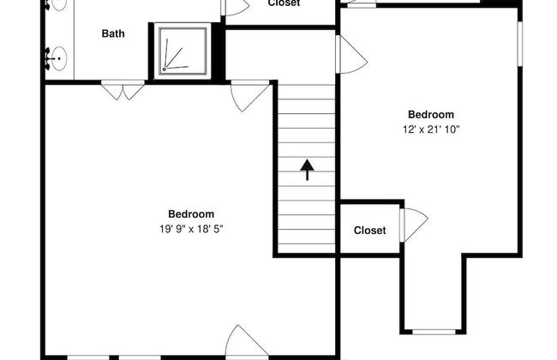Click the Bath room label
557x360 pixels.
[113, 33]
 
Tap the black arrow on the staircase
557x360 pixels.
[308, 170]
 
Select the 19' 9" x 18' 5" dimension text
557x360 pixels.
[191, 229]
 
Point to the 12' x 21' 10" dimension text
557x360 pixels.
[431, 129]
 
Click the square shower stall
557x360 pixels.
[183, 51]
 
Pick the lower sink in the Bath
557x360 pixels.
[57, 58]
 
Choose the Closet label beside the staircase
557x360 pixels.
[370, 231]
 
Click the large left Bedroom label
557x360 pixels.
[191, 214]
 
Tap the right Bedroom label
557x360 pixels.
[431, 115]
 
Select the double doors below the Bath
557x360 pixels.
[123, 90]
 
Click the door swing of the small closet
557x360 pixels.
[414, 225]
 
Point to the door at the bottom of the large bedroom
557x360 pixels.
[247, 341]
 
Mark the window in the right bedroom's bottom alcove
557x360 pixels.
[434, 332]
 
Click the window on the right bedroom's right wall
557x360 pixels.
[519, 44]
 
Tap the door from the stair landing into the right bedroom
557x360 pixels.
[351, 54]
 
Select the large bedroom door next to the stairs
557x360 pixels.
[249, 96]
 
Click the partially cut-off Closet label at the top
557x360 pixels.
[284, 3]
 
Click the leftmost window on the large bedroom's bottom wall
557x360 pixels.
[88, 357]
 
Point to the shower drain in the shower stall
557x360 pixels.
[165, 69]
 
